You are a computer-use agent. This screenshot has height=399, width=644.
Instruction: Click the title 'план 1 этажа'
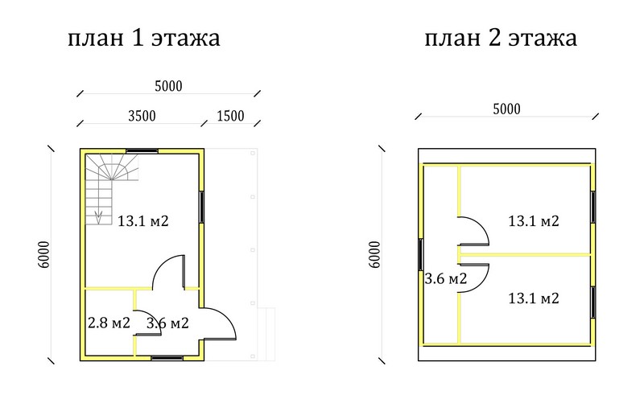coord(144,38)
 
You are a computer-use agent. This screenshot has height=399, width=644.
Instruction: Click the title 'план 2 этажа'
coord(501,38)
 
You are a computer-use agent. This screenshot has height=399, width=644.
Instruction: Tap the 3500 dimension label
coord(142,116)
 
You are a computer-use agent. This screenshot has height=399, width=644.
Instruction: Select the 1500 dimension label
coord(230,116)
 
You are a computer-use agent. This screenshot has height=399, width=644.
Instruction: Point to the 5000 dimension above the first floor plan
coord(168,86)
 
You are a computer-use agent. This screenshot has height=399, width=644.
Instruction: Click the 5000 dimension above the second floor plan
coord(506,109)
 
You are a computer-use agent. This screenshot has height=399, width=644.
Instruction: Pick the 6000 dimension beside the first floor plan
coord(43,254)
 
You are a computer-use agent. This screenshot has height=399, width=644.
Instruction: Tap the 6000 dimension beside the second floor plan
coord(374,254)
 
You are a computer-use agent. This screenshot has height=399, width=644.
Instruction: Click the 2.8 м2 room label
coord(109,323)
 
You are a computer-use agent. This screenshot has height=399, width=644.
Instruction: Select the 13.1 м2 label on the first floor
coord(143,221)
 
